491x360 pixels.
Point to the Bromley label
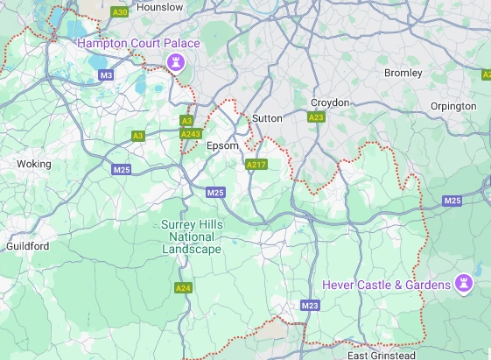click(x=403, y=73)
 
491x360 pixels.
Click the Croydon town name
click(x=330, y=102)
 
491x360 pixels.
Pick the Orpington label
click(x=453, y=106)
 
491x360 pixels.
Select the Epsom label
click(x=221, y=146)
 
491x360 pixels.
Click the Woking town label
click(x=34, y=164)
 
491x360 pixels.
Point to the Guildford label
click(x=28, y=246)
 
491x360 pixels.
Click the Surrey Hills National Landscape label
click(x=193, y=236)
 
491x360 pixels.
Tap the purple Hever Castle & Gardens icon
click(x=465, y=284)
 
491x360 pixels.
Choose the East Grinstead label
click(x=382, y=355)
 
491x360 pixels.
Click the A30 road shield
click(x=121, y=12)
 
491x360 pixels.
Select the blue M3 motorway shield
click(x=107, y=75)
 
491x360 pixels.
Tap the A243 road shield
click(x=190, y=134)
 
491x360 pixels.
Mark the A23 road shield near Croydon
click(x=317, y=116)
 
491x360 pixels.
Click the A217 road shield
click(x=256, y=164)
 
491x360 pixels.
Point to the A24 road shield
click(x=183, y=287)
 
